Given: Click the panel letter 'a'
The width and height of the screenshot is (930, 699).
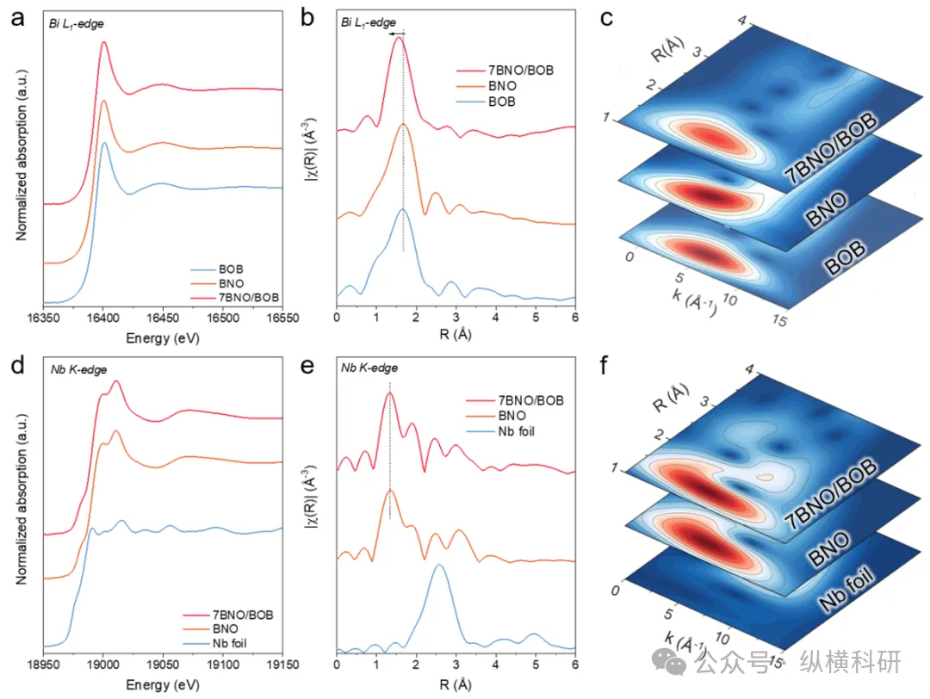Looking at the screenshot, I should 17,18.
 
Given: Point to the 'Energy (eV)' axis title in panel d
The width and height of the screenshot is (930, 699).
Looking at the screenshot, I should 163,685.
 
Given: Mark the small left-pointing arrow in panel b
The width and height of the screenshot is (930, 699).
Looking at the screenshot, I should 396,34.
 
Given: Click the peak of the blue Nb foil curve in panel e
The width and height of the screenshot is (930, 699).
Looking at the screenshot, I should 439,565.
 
